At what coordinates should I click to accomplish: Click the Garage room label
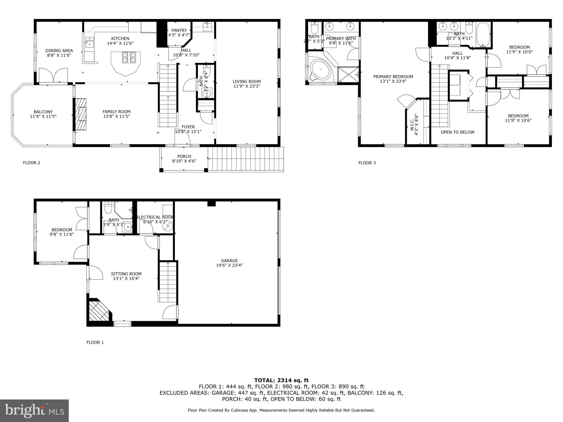[x=229, y=260]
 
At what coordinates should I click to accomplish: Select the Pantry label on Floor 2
[x=179, y=30]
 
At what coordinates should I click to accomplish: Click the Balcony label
[x=43, y=112]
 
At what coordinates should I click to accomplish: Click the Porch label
[x=184, y=157]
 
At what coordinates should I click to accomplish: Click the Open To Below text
[x=457, y=132]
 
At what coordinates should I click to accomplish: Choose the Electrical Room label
[x=155, y=217]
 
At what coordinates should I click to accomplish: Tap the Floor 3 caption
[x=367, y=163]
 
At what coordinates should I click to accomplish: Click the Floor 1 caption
[x=95, y=342]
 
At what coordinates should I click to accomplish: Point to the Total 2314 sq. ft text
[x=281, y=380]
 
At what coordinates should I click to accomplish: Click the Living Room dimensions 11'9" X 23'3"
[x=247, y=86]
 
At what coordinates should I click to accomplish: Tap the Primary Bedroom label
[x=393, y=77]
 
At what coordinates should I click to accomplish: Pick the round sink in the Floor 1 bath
[x=127, y=227]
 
